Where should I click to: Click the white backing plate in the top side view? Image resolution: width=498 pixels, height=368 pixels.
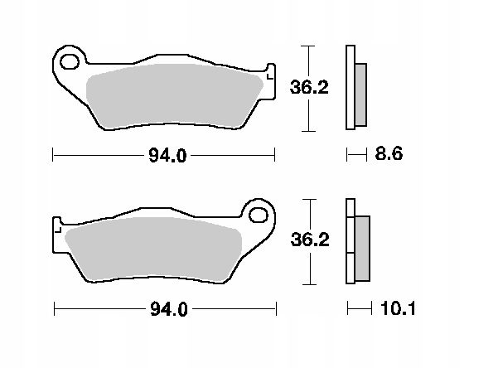click(x=350, y=88)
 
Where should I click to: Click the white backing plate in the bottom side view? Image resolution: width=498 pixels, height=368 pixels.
click(x=350, y=242)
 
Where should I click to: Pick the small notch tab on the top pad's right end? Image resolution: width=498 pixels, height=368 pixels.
click(x=269, y=73)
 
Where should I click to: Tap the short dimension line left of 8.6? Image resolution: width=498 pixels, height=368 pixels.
click(x=356, y=154)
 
